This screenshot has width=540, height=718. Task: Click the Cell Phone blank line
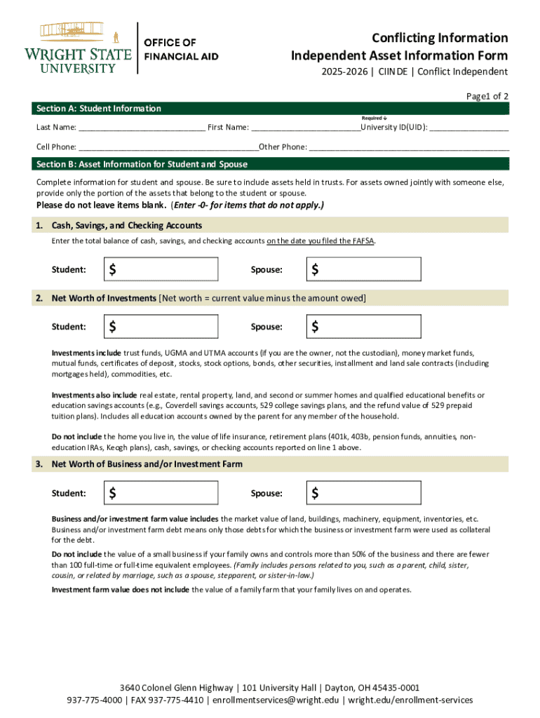[x=168, y=148]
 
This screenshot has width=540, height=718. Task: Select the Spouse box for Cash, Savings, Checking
[x=364, y=269]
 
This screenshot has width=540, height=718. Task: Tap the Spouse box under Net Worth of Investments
[x=364, y=326]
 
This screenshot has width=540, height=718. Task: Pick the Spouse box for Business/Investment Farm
[x=364, y=493]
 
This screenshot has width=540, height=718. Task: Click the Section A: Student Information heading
[x=99, y=109]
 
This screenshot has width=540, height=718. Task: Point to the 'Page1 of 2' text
[x=485, y=96]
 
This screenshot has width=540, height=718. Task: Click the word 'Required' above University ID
[x=372, y=118]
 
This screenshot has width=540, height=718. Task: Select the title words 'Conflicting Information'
[x=440, y=38]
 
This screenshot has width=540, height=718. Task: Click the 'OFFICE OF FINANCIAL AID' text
[x=181, y=49]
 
